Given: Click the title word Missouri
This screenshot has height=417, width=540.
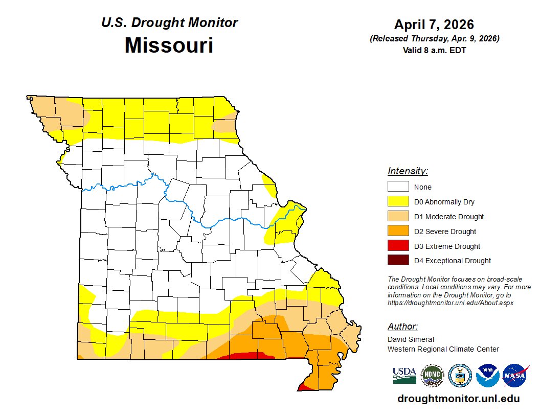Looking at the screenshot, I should click(x=169, y=45).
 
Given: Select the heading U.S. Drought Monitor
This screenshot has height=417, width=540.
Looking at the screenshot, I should click(x=169, y=22).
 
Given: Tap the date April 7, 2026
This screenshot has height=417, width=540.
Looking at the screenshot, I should click(x=434, y=25).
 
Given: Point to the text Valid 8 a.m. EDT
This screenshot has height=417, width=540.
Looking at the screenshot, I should click(x=434, y=50).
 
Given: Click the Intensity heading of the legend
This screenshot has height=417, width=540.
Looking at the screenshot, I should click(x=408, y=171).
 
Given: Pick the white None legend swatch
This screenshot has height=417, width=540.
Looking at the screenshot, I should click(x=398, y=187).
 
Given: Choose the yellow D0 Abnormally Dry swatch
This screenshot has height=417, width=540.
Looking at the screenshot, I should click(x=398, y=202).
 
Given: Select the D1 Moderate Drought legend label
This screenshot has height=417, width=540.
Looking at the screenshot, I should click(x=448, y=217).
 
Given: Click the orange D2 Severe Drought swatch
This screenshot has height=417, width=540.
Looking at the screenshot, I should click(x=398, y=231).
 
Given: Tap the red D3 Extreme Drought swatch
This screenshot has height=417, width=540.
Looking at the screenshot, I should click(x=398, y=246).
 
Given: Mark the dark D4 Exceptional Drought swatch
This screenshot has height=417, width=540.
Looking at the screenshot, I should click(x=398, y=261).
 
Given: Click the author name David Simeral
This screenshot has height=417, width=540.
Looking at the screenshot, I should click(x=411, y=339).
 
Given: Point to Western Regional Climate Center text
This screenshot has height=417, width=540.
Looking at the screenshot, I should click(x=443, y=349).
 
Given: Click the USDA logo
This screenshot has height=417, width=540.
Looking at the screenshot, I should click(x=404, y=376).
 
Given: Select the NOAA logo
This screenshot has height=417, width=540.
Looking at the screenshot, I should click(x=487, y=376).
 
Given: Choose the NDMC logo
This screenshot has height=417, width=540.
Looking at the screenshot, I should click(x=432, y=376).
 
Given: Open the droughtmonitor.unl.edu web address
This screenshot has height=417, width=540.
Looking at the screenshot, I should click(x=458, y=399).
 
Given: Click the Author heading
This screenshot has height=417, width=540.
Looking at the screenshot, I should click(x=402, y=327).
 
